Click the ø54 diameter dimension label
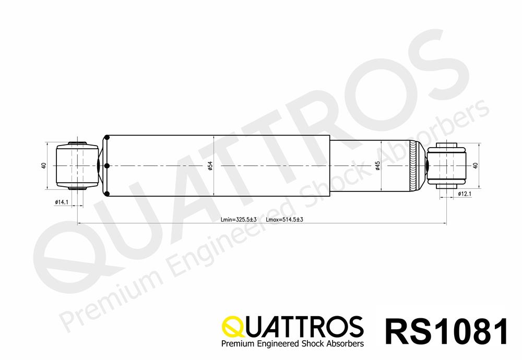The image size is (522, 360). [210, 166]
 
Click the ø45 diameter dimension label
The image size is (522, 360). [378, 166]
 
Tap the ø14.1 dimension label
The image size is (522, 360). [62, 202]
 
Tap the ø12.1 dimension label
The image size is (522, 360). [465, 194]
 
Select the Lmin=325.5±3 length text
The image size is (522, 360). [239, 220]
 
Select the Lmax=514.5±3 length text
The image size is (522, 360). [284, 220]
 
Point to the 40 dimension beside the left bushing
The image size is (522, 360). [44, 165]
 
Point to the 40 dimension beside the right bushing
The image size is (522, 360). [476, 165]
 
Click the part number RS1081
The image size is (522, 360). [447, 331]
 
